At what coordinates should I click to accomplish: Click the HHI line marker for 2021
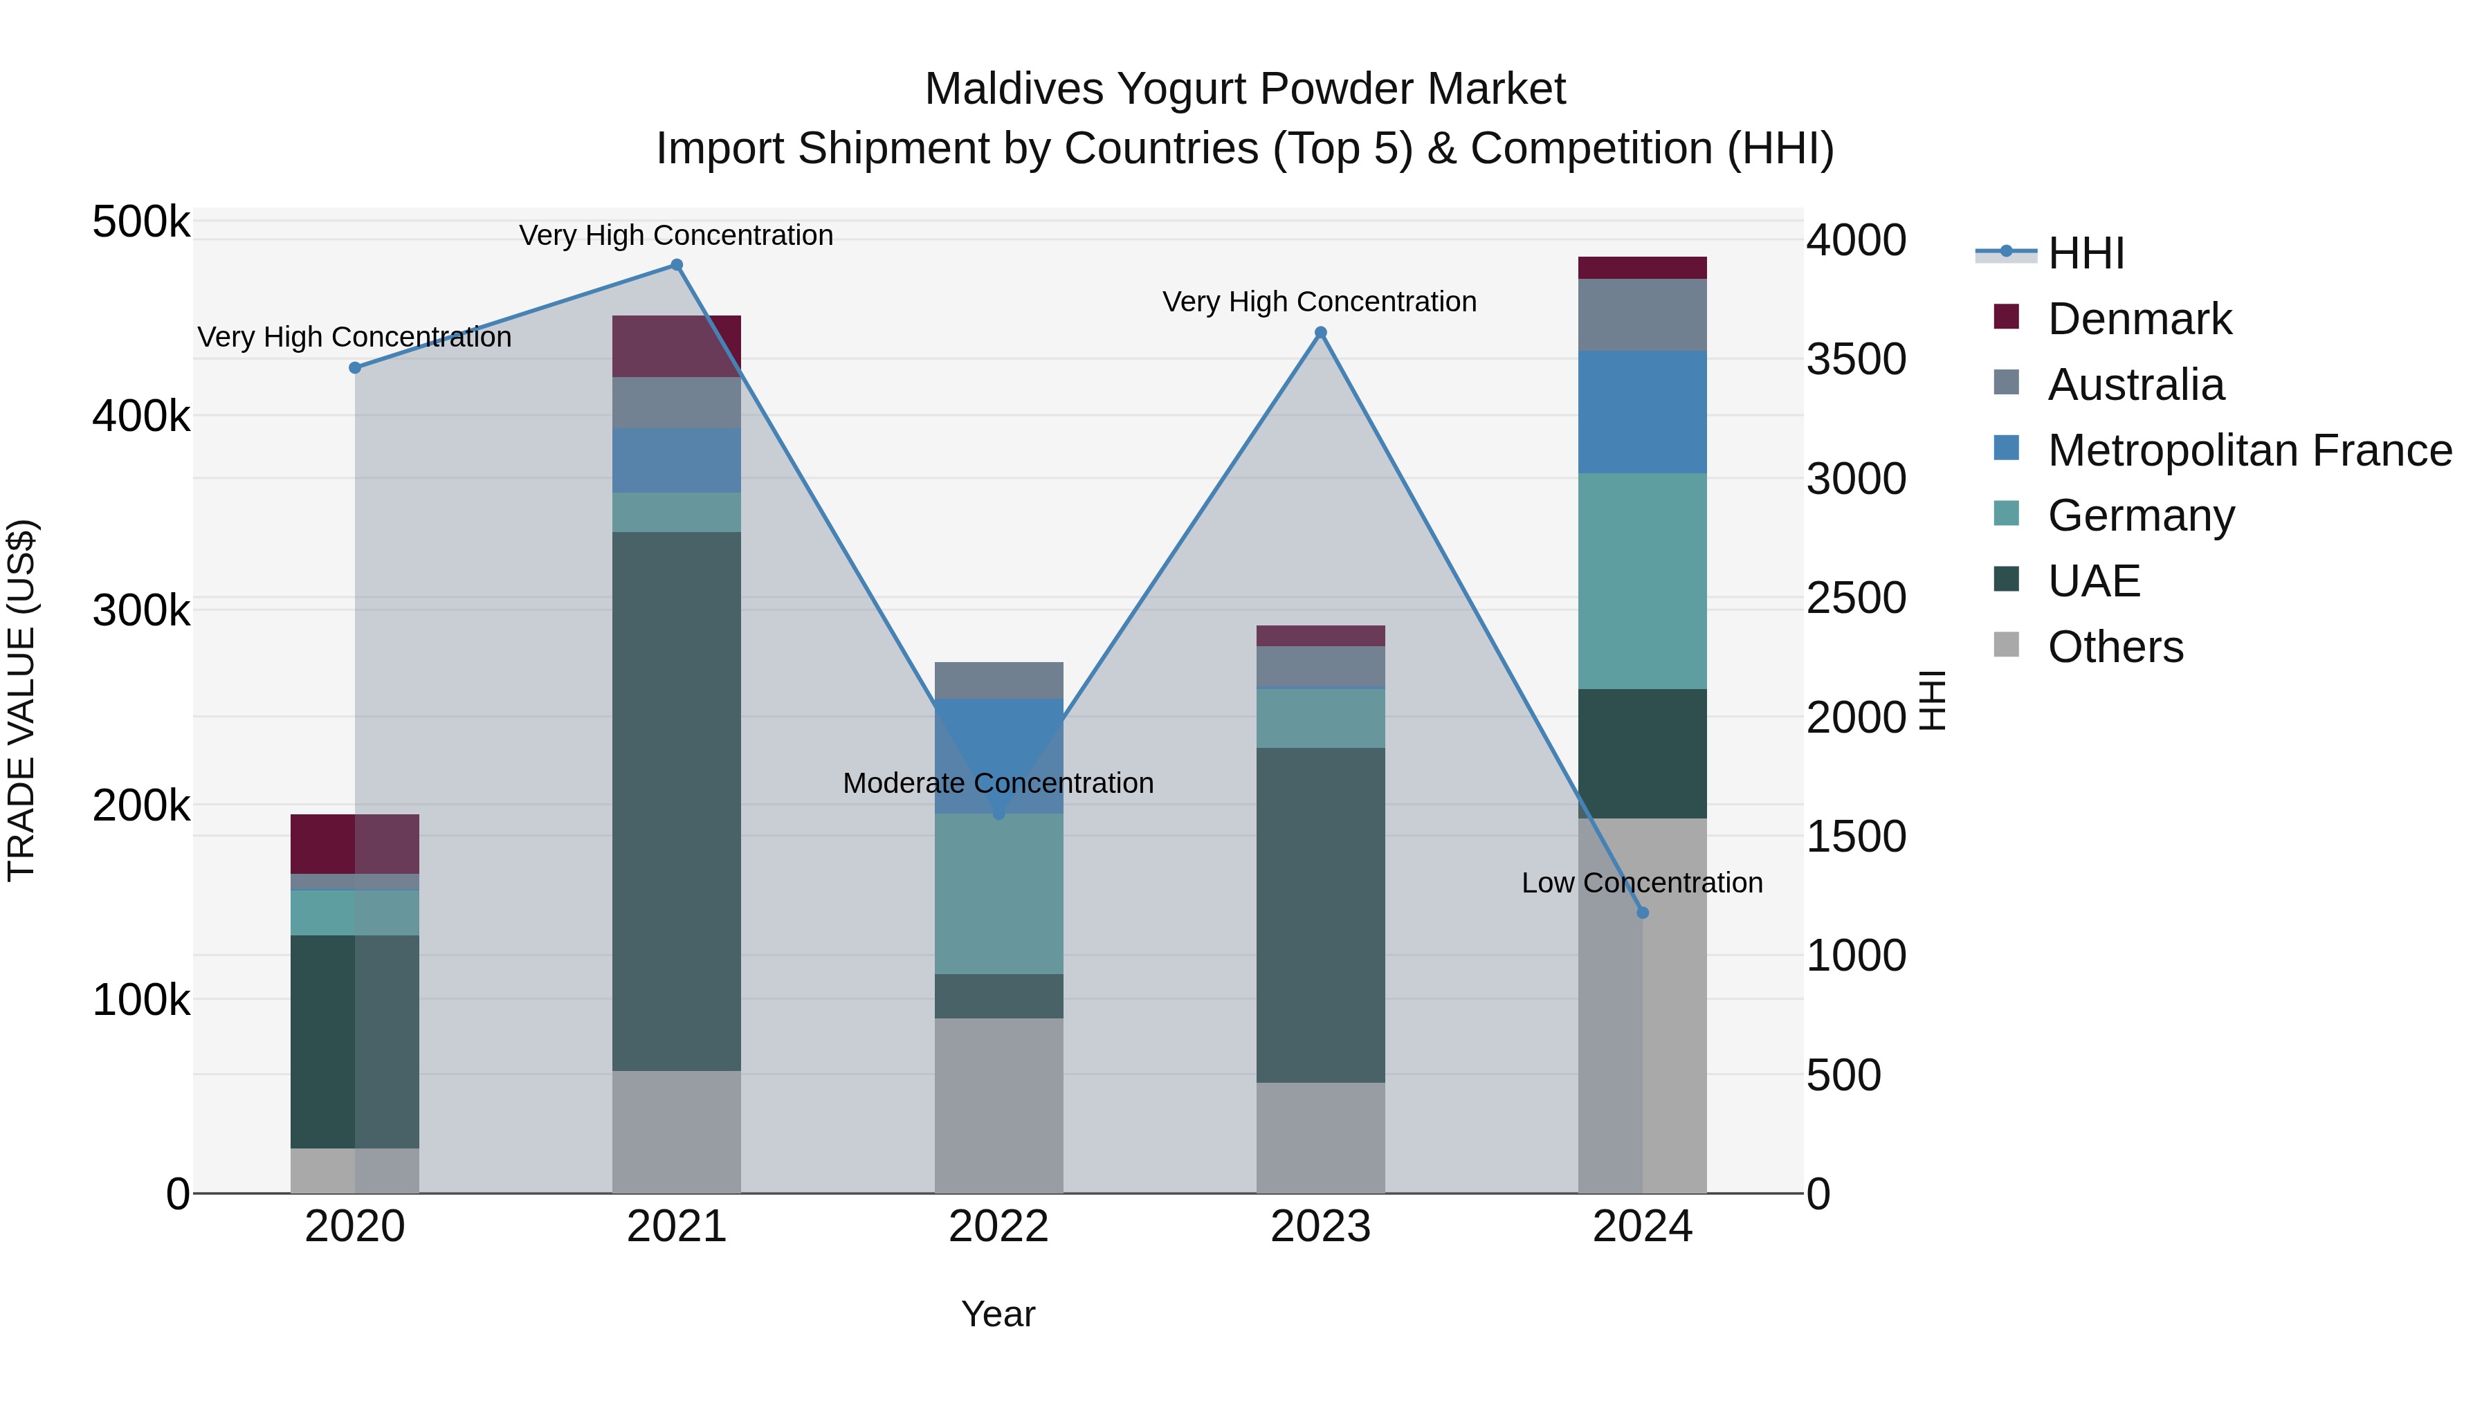(x=677, y=265)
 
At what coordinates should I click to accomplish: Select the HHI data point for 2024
(x=1642, y=913)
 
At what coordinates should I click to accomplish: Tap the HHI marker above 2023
(x=1321, y=333)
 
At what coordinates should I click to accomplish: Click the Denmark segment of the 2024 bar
(x=1642, y=268)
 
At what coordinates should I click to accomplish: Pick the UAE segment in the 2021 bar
(x=677, y=800)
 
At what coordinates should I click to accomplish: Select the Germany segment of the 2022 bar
(x=999, y=893)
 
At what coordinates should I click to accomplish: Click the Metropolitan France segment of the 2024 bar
(x=1642, y=412)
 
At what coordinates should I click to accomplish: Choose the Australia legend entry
(x=2135, y=385)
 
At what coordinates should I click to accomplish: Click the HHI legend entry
(x=2085, y=253)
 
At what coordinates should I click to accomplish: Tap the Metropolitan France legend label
(x=2250, y=450)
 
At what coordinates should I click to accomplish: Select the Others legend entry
(x=2115, y=647)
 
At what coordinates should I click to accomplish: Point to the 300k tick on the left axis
(x=141, y=611)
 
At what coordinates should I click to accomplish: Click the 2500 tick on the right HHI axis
(x=1856, y=598)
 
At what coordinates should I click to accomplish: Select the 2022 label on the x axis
(x=999, y=1227)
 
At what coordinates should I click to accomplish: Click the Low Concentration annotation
(x=1642, y=883)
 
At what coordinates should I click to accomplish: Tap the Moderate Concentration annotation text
(x=998, y=783)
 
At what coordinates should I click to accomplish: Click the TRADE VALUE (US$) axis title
(x=21, y=700)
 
